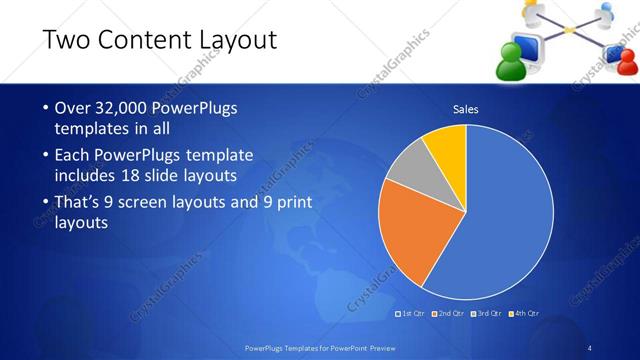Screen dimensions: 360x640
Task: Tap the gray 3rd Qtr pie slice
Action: click(x=409, y=167)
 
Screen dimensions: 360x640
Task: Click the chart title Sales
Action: click(x=465, y=108)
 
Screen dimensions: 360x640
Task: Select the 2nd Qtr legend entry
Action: click(x=451, y=313)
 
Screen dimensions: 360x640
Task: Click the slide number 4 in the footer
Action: click(x=590, y=348)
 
